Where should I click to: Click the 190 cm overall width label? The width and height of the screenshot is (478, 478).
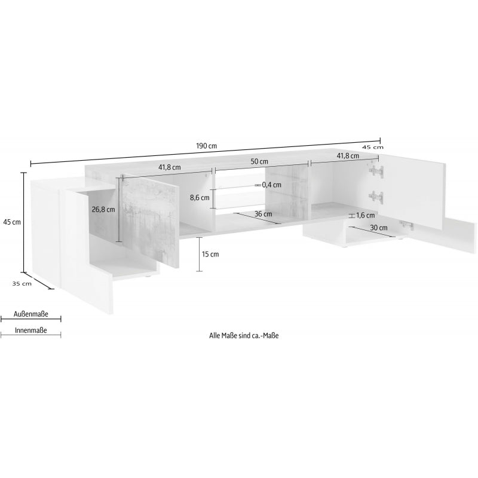pos(206,146)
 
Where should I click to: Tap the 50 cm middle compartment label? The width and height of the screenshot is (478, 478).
pos(259,161)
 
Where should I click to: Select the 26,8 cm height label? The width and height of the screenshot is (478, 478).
pos(103,210)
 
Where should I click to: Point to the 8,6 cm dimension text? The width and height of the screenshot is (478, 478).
pos(200,198)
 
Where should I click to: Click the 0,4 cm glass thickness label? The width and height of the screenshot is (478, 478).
pos(272,185)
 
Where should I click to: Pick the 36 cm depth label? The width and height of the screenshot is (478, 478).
pos(263,214)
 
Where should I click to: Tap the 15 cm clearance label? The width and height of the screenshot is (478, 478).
pos(210,255)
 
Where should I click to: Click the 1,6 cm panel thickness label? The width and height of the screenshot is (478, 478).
pos(366,216)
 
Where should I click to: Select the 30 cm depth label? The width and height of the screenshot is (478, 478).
pos(379,228)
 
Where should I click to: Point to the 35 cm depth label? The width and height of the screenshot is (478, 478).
pos(22,283)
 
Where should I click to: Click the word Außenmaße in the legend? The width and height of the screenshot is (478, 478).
pos(31,314)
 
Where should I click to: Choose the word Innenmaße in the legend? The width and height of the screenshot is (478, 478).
pos(31,330)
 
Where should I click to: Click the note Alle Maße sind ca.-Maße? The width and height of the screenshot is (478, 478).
pos(244,336)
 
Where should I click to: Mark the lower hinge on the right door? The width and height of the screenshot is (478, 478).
pos(376,197)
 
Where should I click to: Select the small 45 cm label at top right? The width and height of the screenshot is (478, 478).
pos(373,147)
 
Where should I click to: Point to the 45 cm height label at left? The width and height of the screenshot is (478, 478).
pos(12,222)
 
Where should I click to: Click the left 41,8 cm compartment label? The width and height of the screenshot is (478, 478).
pos(170,167)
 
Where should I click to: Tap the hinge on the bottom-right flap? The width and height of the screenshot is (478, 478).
pos(406,225)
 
